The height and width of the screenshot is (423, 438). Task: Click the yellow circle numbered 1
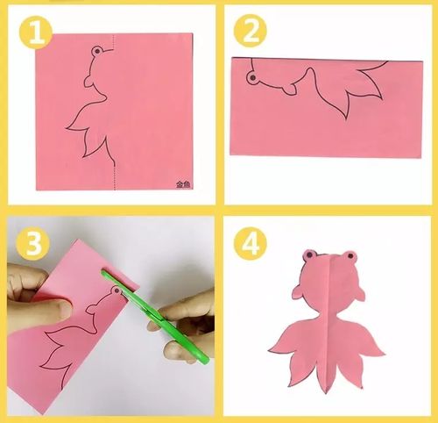[36, 32]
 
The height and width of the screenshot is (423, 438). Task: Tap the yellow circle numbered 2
[251, 31]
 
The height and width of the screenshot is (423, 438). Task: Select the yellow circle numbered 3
[33, 244]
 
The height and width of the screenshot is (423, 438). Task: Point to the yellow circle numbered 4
[251, 243]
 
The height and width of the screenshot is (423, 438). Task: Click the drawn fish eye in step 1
[96, 51]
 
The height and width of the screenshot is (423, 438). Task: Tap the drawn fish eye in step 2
[252, 78]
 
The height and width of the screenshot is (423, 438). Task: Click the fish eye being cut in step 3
[117, 290]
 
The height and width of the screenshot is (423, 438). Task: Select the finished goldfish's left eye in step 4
[309, 255]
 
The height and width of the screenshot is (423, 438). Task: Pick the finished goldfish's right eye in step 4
[350, 256]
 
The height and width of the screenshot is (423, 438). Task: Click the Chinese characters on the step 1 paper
[183, 184]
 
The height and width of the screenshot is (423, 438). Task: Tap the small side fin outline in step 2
[290, 90]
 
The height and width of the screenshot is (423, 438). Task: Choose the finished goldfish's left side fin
[299, 292]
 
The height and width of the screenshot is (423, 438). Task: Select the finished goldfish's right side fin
[359, 293]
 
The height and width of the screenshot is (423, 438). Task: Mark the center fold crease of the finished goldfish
[328, 322]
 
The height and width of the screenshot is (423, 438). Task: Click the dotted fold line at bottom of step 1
[114, 176]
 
